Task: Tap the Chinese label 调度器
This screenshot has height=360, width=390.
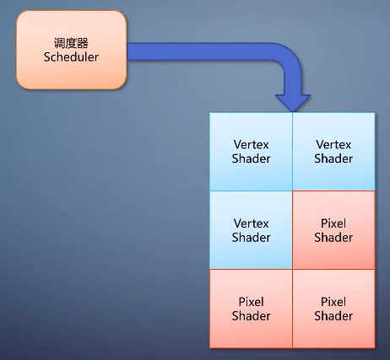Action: pyautogui.click(x=72, y=42)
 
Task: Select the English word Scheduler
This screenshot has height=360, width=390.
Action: pyautogui.click(x=72, y=56)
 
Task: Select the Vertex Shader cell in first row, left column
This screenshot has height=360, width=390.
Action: pyautogui.click(x=251, y=152)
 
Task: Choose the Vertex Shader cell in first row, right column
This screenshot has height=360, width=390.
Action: pyautogui.click(x=333, y=152)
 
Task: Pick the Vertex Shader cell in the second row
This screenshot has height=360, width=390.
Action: pyautogui.click(x=251, y=230)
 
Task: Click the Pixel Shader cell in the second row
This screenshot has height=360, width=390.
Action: pyautogui.click(x=333, y=230)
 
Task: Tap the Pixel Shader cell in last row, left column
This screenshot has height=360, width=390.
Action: pyautogui.click(x=251, y=309)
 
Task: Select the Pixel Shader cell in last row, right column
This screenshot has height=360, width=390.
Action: pyautogui.click(x=333, y=309)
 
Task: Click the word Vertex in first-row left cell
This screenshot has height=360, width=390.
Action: pyautogui.click(x=251, y=145)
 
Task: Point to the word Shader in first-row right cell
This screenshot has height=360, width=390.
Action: pyautogui.click(x=333, y=159)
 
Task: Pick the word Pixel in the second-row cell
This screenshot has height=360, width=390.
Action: pyautogui.click(x=333, y=223)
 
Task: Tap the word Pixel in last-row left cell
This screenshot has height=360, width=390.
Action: pyautogui.click(x=251, y=302)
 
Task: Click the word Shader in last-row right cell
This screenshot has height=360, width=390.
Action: pyautogui.click(x=333, y=315)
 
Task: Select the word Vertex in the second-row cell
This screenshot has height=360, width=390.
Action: pyautogui.click(x=251, y=223)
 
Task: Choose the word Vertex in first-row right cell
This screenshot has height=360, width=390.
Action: pyautogui.click(x=333, y=145)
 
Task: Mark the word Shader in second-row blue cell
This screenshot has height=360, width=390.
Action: pyautogui.click(x=251, y=237)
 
